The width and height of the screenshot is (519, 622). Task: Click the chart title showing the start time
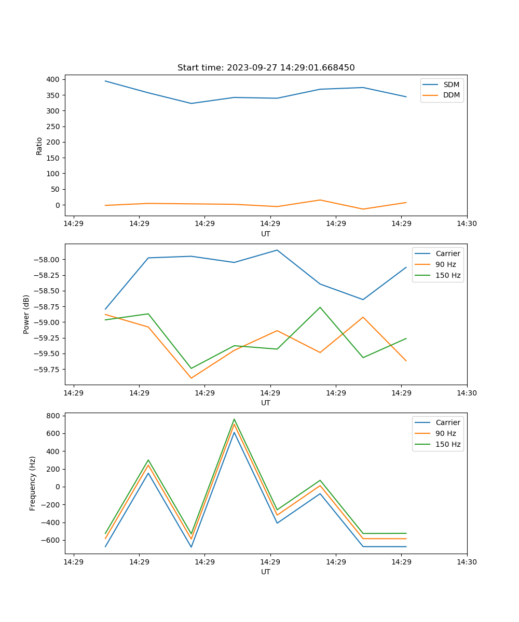266,68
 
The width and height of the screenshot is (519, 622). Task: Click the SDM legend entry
451,84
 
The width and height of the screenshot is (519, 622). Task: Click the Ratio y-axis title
39,146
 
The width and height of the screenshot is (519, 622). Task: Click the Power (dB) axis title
26,314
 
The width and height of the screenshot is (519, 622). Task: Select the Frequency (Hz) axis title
33,483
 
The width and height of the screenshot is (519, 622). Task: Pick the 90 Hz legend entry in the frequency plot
445,433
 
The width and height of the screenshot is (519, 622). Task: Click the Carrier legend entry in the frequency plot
447,422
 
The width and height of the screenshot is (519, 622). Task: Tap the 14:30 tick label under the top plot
467,224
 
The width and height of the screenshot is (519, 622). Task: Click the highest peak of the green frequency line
234,419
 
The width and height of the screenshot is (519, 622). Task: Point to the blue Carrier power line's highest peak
277,250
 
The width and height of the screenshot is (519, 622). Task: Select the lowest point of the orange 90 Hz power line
191,378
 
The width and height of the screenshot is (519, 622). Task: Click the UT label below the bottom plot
266,572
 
